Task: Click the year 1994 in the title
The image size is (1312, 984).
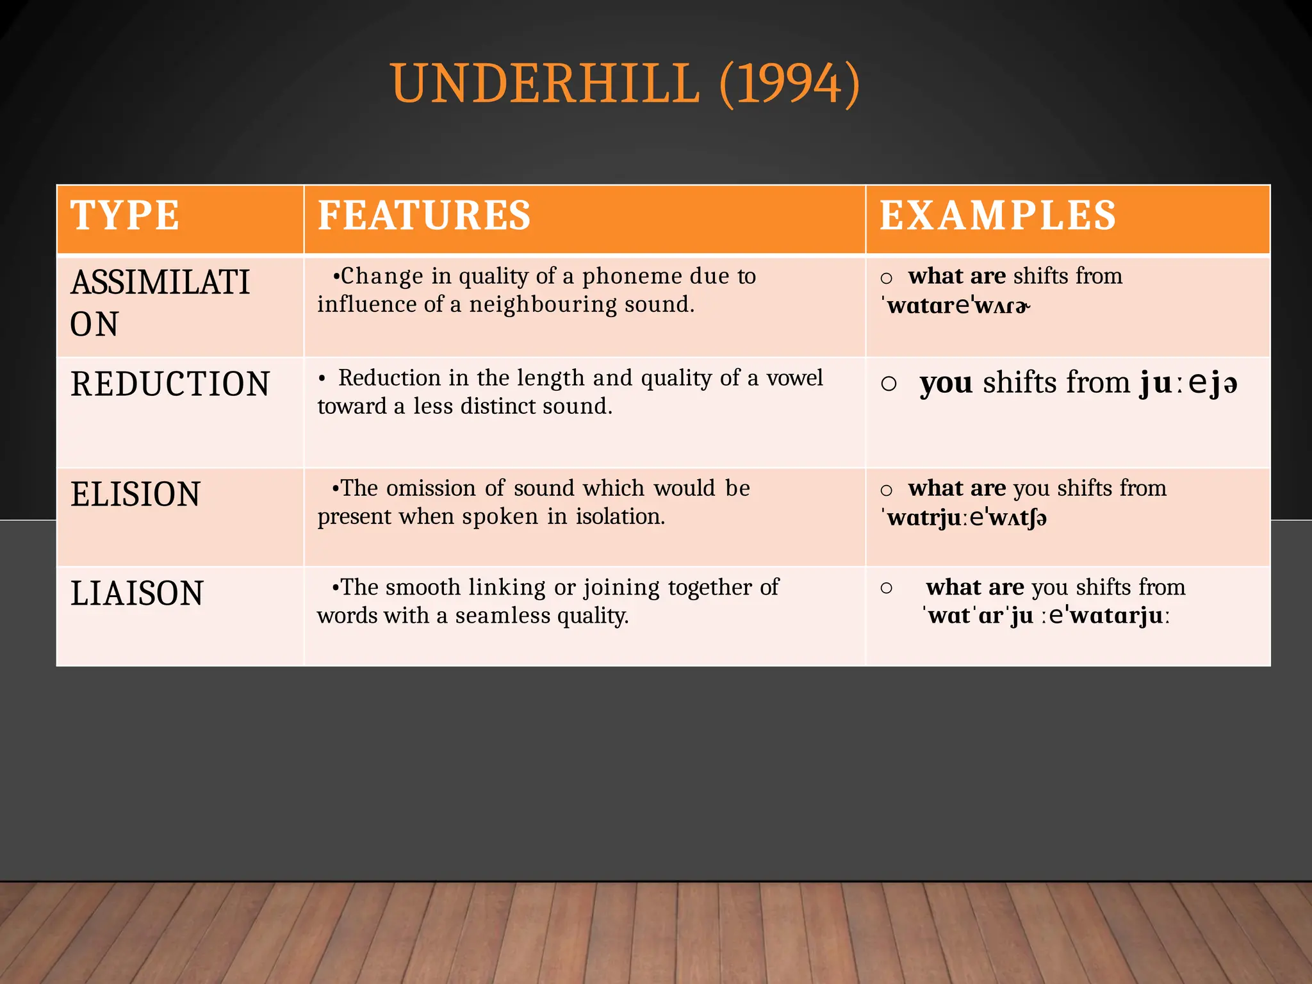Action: coord(789,84)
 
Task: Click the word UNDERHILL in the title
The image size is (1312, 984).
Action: coord(545,84)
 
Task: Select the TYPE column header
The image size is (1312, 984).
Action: coord(125,215)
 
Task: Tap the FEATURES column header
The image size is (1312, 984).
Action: coord(424,215)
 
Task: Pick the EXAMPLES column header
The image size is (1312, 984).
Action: coord(997,215)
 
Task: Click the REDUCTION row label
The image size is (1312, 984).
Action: coord(170,384)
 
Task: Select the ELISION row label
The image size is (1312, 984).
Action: coord(135,495)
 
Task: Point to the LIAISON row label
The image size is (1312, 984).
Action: coord(136,593)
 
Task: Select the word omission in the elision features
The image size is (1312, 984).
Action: coord(431,488)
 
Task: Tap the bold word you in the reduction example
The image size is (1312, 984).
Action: coord(946,383)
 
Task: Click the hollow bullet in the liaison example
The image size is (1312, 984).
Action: coord(887,587)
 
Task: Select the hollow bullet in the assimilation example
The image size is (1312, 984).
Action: coord(887,278)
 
